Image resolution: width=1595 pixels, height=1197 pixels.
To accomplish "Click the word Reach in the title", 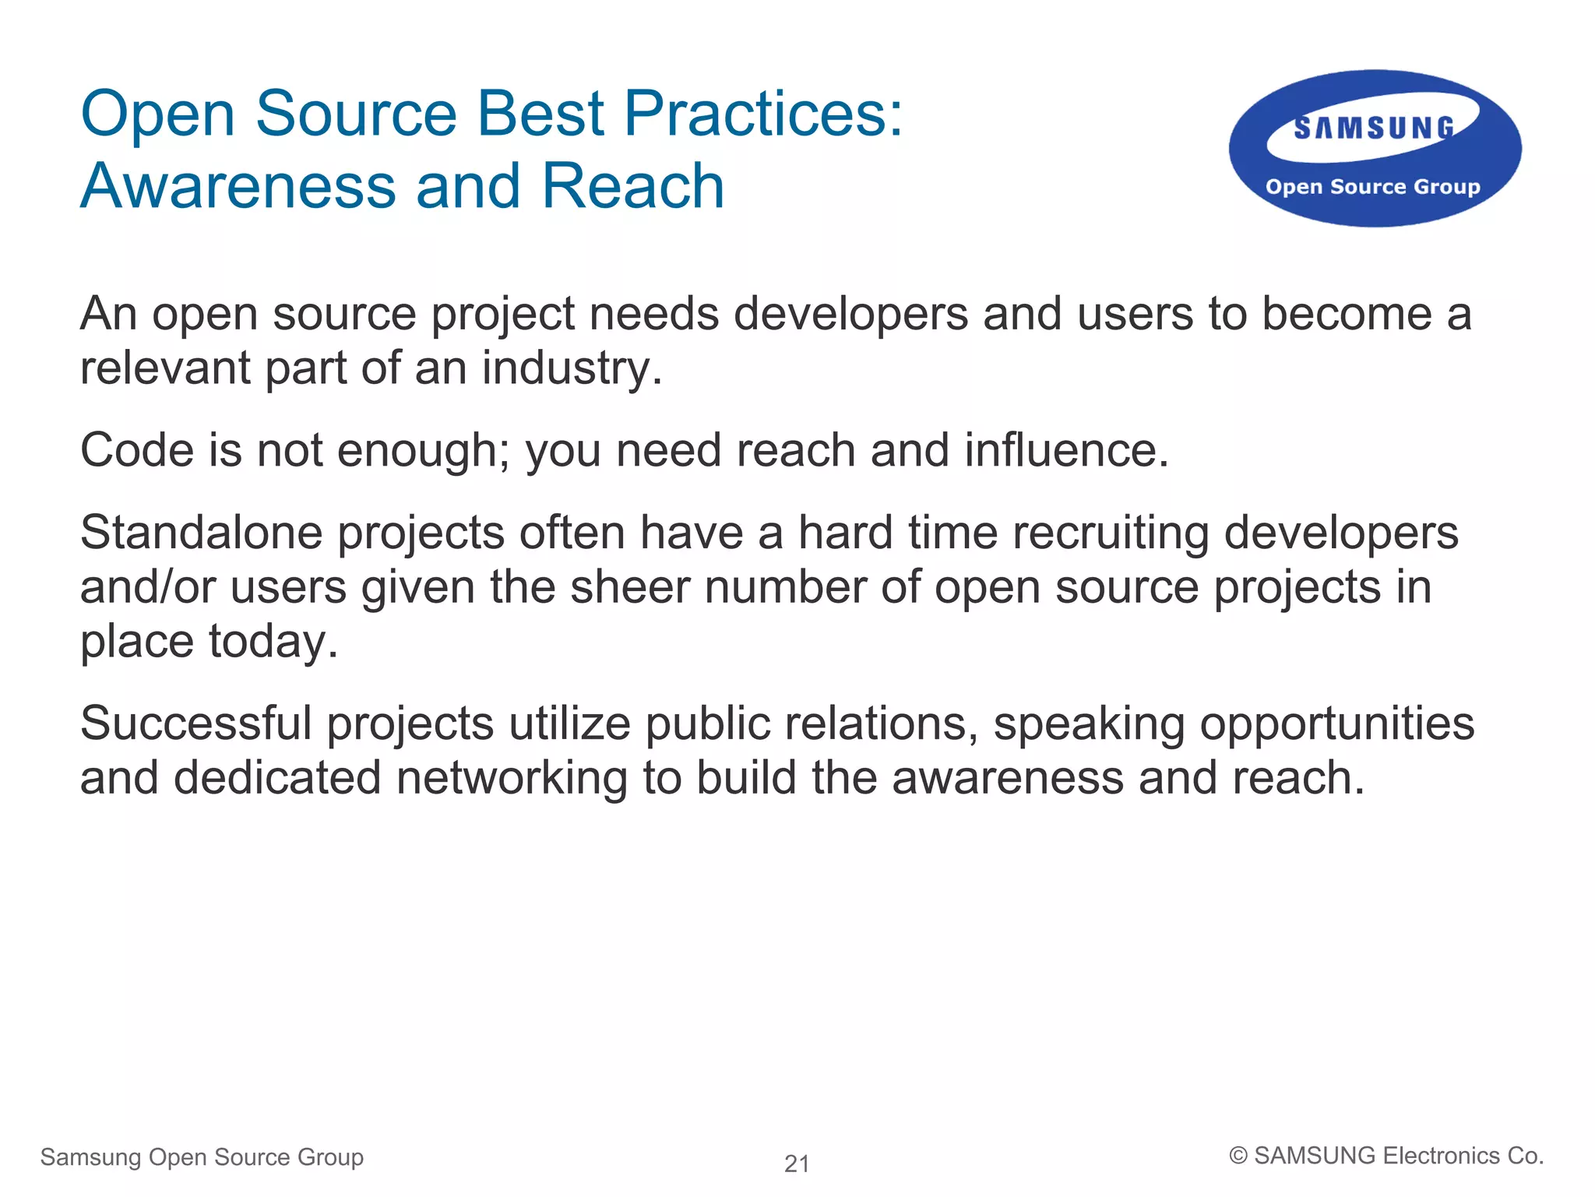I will click(x=632, y=187).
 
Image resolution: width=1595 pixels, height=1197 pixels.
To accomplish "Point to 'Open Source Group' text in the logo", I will click(x=1372, y=187).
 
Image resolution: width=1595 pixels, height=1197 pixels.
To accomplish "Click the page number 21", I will click(x=797, y=1164).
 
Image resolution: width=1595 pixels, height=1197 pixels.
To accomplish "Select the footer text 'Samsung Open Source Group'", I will click(x=202, y=1157).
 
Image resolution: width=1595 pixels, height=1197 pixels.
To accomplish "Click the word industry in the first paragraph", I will click(x=571, y=368).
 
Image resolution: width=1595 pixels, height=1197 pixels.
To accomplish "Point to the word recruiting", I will click(x=1111, y=534).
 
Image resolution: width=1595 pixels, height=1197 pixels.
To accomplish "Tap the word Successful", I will click(x=195, y=723).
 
